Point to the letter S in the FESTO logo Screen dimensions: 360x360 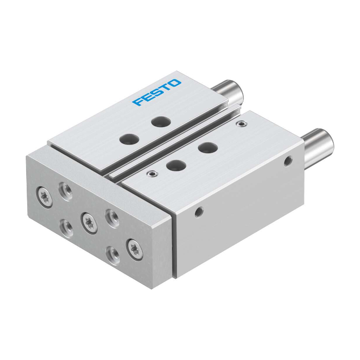point(156,92)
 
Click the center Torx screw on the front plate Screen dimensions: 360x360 point(88,222)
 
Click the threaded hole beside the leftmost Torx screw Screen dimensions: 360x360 point(66,191)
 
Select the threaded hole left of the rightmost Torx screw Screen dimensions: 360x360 point(112,255)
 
